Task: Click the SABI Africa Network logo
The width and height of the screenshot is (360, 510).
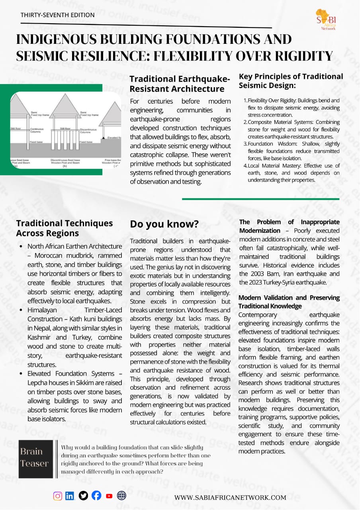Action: pos(326,20)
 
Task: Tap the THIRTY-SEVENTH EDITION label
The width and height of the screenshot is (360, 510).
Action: pos(58,15)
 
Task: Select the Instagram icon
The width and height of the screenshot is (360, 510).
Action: pos(58,496)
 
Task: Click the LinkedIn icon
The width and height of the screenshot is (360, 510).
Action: pos(70,496)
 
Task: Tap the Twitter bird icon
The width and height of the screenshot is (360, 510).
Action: pos(83,496)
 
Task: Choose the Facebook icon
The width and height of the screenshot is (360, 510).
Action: pos(96,496)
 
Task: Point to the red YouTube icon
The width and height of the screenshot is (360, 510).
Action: pos(109,496)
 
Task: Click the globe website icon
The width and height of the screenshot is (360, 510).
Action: pos(121,496)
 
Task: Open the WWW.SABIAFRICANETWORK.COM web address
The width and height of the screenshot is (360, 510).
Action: pos(230,497)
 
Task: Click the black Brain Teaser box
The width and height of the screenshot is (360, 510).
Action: pos(36,459)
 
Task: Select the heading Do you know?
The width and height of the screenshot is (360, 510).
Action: pos(164,224)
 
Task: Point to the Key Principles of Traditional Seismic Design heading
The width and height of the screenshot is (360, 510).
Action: pos(291,81)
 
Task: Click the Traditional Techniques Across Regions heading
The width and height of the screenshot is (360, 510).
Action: pos(65,228)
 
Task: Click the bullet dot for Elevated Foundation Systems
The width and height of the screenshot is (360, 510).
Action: pos(21,374)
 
